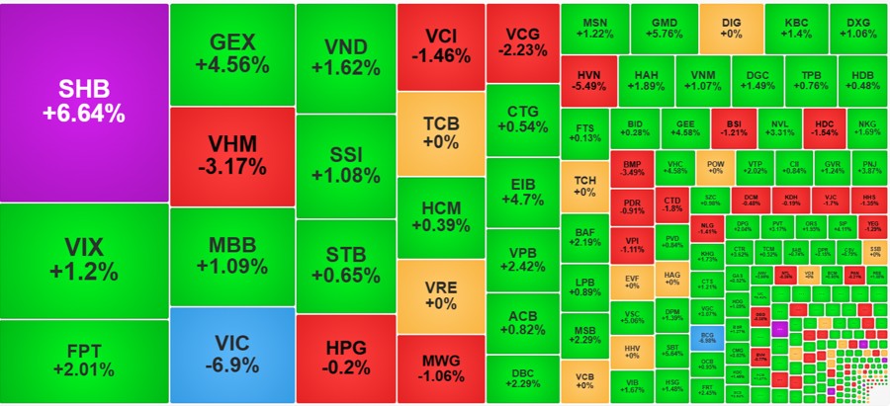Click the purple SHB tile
coord(83,102)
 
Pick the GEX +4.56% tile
coord(231,53)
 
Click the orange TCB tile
coord(441,132)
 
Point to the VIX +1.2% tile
coord(83,260)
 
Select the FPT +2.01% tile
coord(83,362)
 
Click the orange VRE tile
coord(441,295)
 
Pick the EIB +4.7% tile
coord(521,191)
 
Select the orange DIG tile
coord(732,28)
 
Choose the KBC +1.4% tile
coord(796,28)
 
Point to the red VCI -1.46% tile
coord(441,45)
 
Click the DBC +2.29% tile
coord(521,376)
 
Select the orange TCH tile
coord(582,186)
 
